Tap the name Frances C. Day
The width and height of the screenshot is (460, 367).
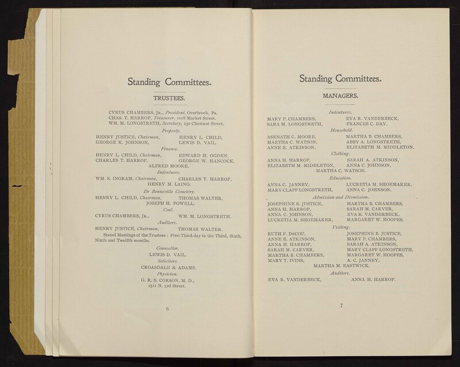click(x=367, y=123)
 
